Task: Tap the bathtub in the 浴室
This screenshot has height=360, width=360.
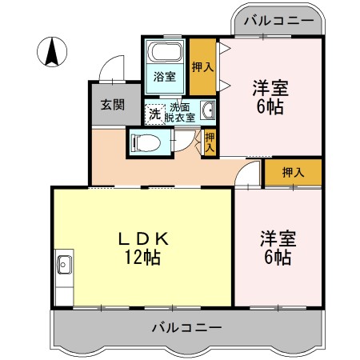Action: coord(166,56)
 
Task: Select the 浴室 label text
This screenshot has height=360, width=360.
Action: coord(164,78)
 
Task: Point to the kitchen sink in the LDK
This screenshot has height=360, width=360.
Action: coord(64,264)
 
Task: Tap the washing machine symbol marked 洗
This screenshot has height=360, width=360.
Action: coord(154,114)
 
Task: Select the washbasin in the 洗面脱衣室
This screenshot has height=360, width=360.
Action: coord(208,112)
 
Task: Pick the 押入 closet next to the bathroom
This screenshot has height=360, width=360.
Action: coord(202,68)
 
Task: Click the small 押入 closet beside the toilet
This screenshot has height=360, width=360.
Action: coord(210,142)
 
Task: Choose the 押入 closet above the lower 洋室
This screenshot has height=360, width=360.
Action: coord(294,171)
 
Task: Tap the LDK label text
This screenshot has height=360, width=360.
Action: coord(142,238)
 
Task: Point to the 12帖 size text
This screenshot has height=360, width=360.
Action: coord(142,257)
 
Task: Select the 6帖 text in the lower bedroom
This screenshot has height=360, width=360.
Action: coord(276,257)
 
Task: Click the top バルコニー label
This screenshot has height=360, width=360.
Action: coord(278,22)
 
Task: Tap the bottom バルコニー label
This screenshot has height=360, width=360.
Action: coord(186,326)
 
